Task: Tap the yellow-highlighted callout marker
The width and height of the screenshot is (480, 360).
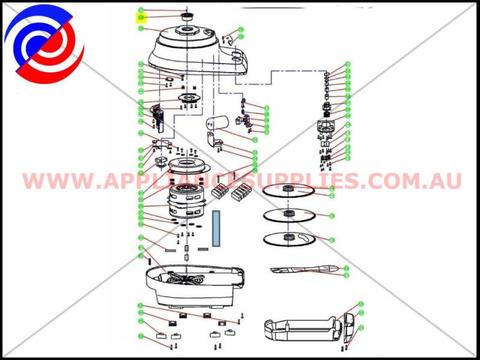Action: [142, 17]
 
